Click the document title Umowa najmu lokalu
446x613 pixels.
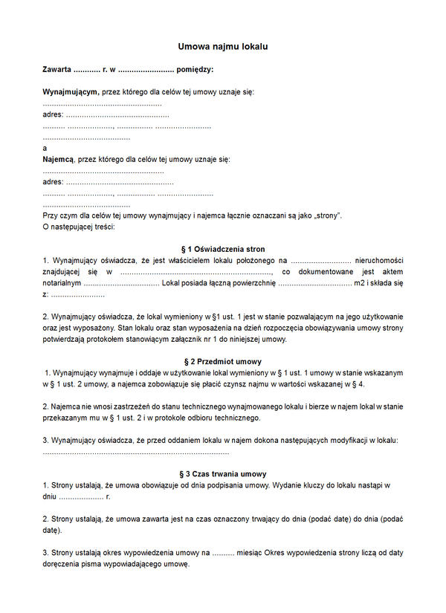pyautogui.click(x=222, y=47)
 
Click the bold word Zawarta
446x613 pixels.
pyautogui.click(x=57, y=70)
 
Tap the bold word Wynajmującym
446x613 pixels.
pyautogui.click(x=71, y=92)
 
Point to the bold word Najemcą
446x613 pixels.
pyautogui.click(x=58, y=159)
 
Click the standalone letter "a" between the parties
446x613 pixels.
pyautogui.click(x=45, y=148)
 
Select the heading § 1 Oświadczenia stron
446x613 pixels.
pyautogui.click(x=222, y=249)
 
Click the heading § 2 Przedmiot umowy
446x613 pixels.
pyautogui.click(x=222, y=362)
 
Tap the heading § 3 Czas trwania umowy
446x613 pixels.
pyautogui.click(x=222, y=474)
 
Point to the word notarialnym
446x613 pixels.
pyautogui.click(x=62, y=283)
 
